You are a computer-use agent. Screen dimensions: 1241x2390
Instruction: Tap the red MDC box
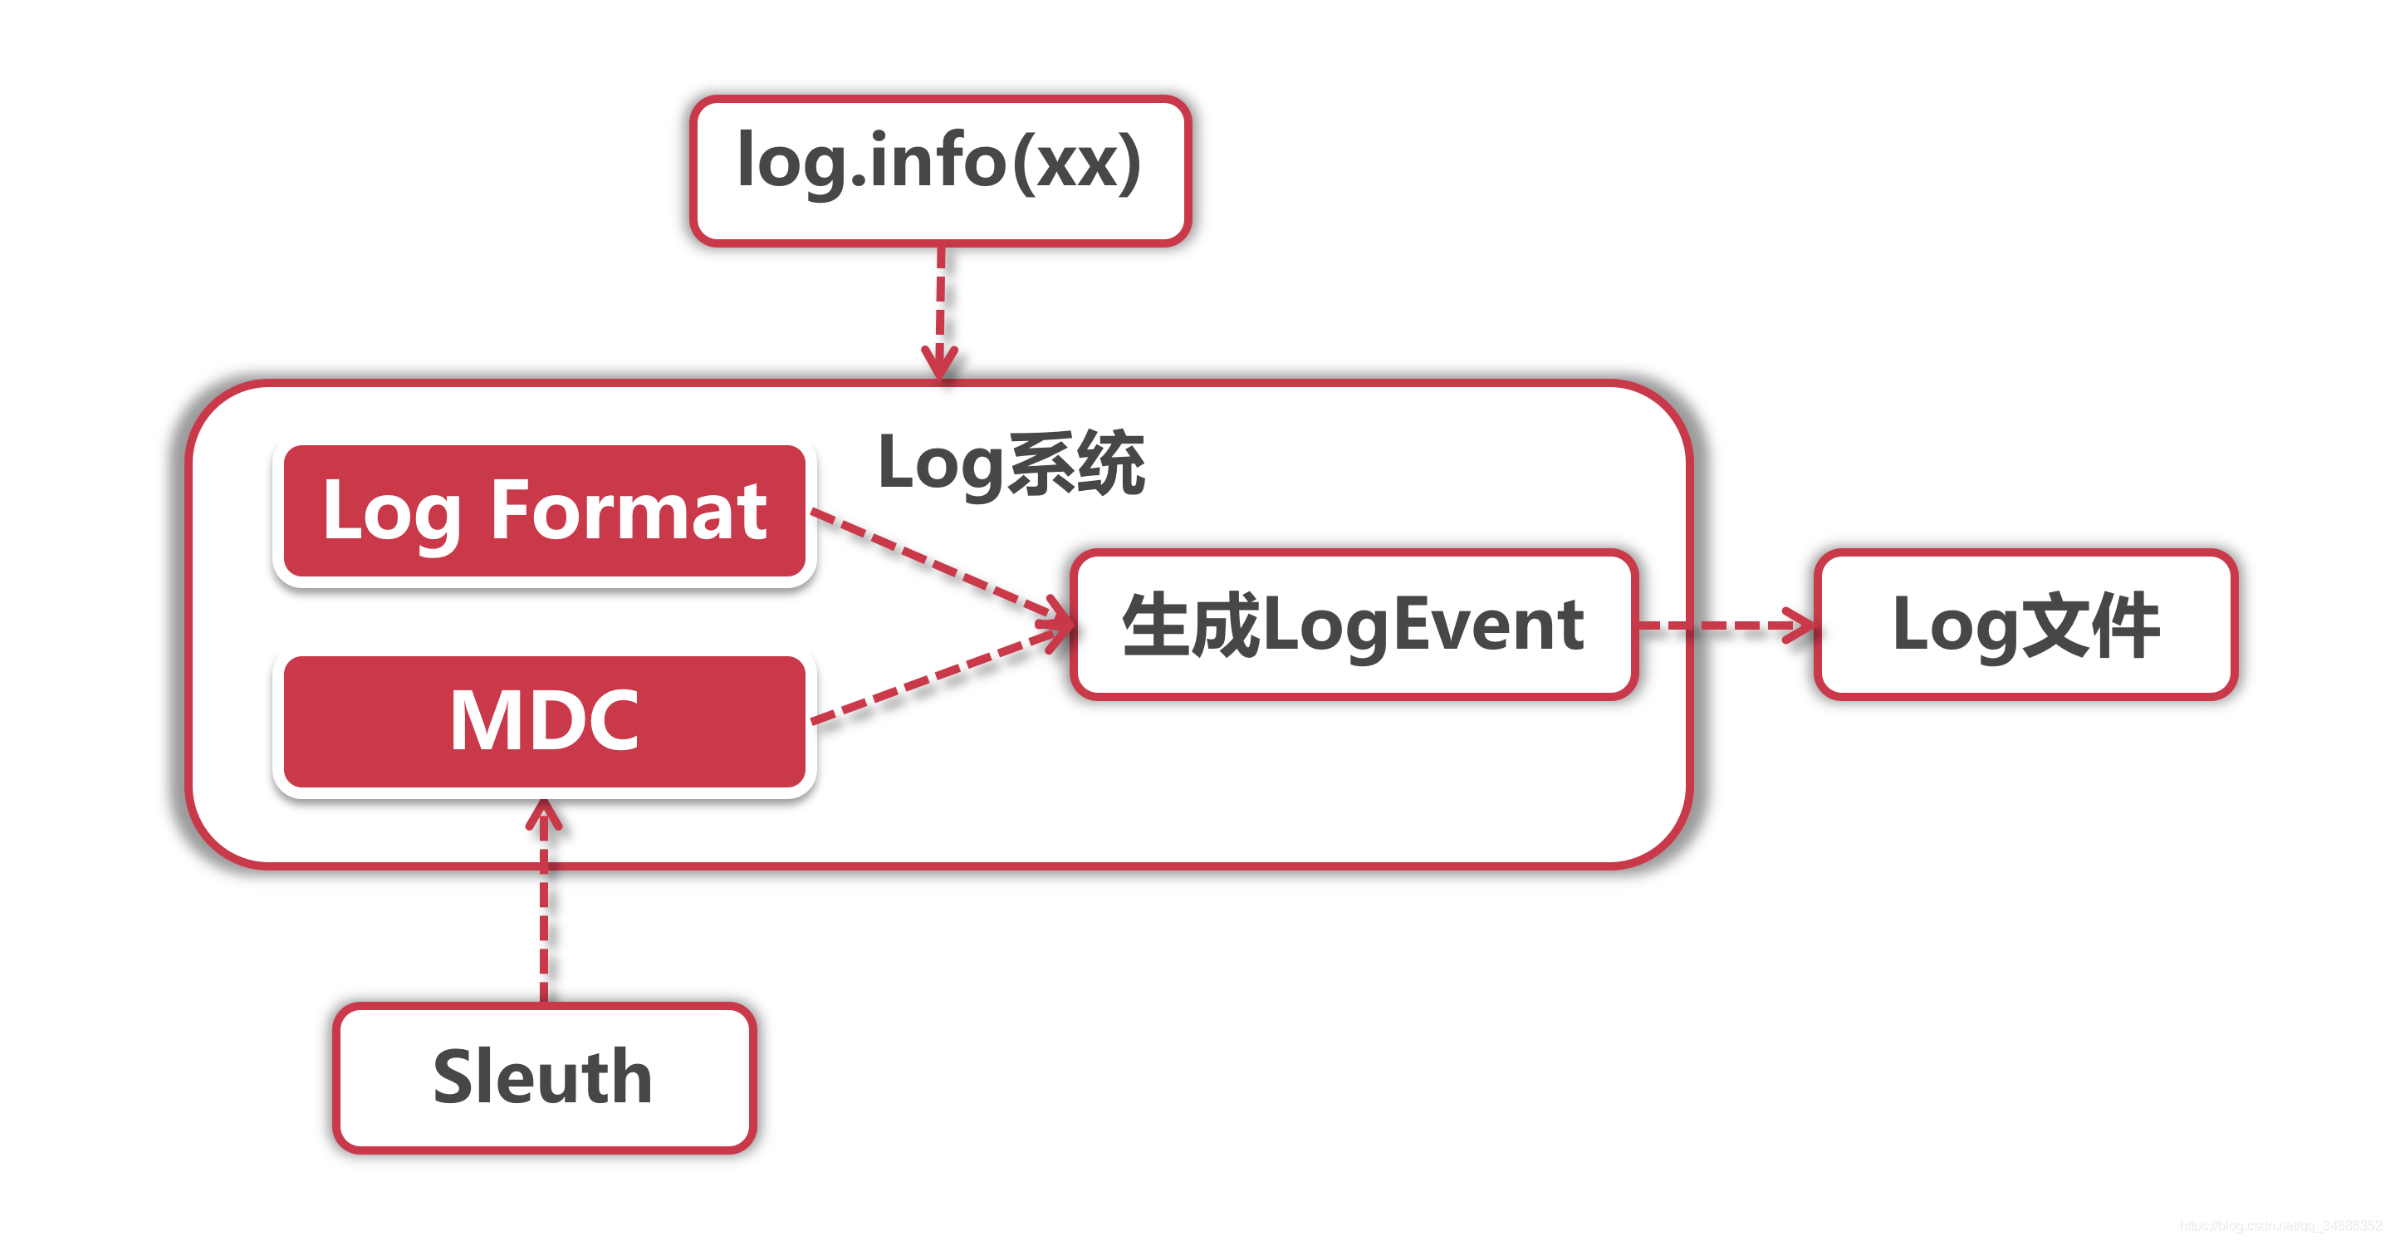coord(544,721)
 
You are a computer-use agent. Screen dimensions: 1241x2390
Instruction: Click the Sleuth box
coord(544,1077)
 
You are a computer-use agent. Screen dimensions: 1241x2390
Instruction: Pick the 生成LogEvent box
coord(1353,624)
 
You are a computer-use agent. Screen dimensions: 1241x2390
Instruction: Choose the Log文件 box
coord(2025,624)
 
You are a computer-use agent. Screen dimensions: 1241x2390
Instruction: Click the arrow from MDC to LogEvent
coord(937,675)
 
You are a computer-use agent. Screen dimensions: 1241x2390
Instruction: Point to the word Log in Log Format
coord(391,513)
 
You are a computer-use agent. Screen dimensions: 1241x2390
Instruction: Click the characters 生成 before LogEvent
coord(1190,624)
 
